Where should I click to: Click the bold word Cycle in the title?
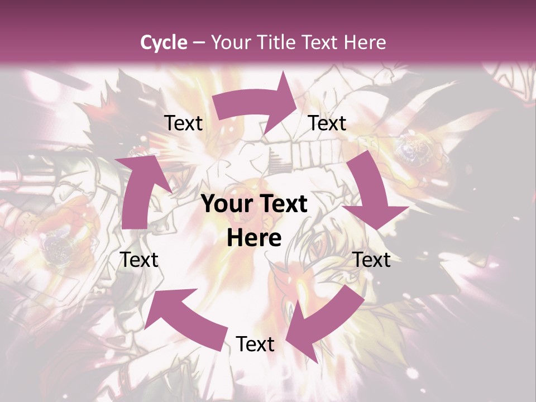(164, 42)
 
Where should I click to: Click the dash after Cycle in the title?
(198, 42)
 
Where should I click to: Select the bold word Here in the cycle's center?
(254, 238)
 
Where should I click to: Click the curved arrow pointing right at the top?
(257, 103)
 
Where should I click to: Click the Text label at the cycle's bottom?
(255, 344)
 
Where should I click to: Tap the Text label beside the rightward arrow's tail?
(183, 123)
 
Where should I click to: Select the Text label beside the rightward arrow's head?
(327, 123)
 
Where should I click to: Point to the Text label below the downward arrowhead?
(372, 260)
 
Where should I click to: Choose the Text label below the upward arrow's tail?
(139, 260)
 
